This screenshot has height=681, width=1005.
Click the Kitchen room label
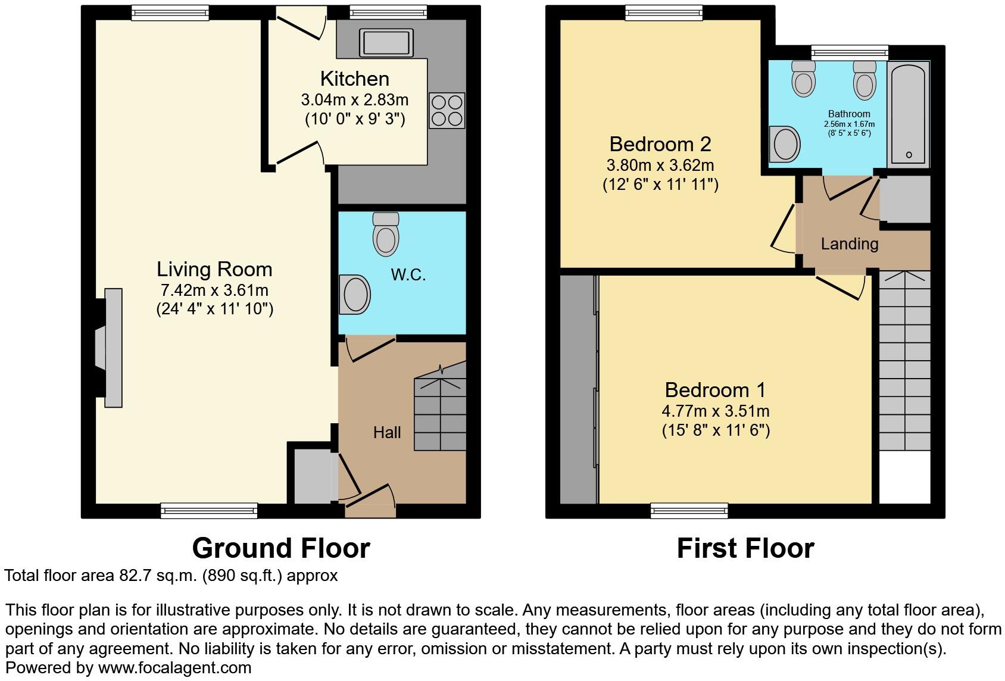point(354,79)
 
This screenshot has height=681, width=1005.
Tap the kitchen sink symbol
point(385,43)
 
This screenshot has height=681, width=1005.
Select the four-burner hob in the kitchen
point(447,110)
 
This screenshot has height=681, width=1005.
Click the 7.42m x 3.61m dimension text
point(214,290)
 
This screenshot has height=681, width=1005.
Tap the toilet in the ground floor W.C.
point(386,235)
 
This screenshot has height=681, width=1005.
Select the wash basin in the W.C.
point(355,294)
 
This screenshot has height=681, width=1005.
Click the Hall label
point(386,433)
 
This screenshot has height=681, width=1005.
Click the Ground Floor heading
point(281,548)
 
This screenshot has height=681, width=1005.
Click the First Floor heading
point(745,548)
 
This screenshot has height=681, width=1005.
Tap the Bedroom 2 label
point(660,144)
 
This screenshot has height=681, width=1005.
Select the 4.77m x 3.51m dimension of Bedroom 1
point(715,411)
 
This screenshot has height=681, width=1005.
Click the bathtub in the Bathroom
point(908,114)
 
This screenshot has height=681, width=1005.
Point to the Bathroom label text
point(849,114)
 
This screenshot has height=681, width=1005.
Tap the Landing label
point(849,243)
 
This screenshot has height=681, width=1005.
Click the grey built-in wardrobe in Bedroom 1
point(578,390)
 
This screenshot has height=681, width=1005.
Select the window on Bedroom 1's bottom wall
point(689,510)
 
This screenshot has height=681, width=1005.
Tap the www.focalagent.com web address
point(174,668)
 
